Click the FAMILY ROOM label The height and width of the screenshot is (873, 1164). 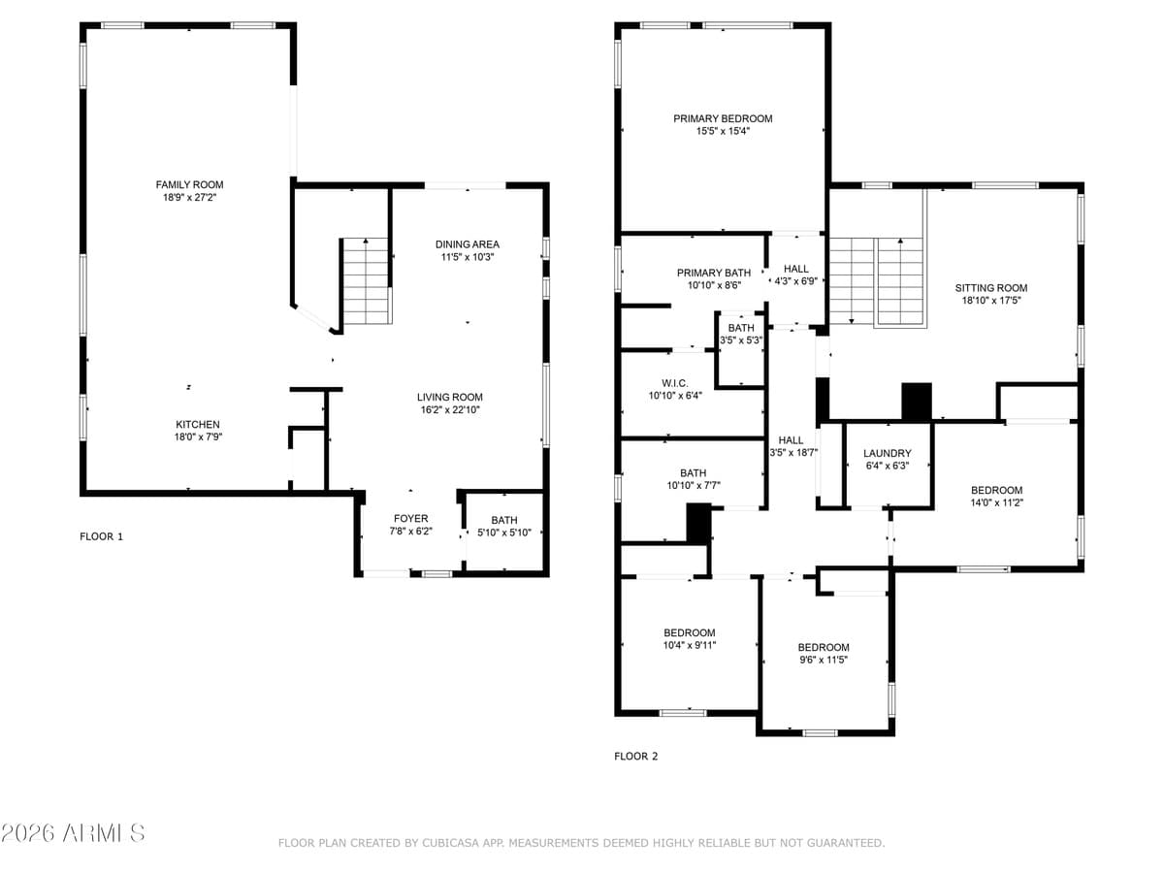tap(189, 184)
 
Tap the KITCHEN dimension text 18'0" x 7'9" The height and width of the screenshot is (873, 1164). tap(197, 437)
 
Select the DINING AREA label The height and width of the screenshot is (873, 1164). tap(468, 244)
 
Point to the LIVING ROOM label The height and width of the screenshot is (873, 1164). tap(449, 397)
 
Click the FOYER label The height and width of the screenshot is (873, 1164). tap(410, 519)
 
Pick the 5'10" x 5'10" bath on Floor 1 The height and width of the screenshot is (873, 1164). tap(503, 527)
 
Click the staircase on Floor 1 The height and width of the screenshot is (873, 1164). tap(367, 281)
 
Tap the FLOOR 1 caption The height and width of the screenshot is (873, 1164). tap(101, 535)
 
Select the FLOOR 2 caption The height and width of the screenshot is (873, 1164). tap(636, 756)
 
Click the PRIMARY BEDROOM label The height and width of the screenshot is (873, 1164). tap(723, 118)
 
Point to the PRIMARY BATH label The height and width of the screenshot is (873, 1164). tap(713, 273)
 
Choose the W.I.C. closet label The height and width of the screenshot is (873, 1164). tap(674, 383)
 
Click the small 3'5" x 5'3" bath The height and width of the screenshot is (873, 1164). tap(740, 335)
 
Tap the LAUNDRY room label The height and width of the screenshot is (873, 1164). tap(887, 453)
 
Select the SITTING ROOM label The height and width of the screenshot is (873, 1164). tap(990, 288)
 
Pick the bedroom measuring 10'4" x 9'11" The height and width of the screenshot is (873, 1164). tap(689, 638)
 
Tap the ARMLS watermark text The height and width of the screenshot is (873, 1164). tap(73, 833)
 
